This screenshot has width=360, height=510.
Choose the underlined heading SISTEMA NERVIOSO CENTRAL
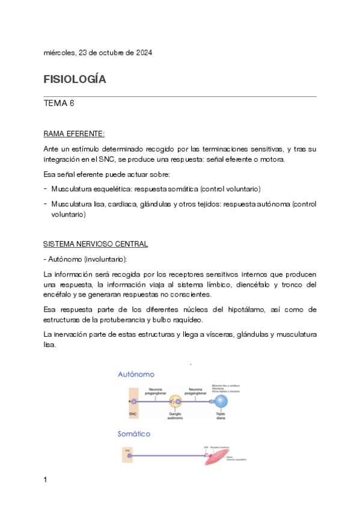(96, 245)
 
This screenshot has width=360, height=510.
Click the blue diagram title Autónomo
(136, 373)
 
